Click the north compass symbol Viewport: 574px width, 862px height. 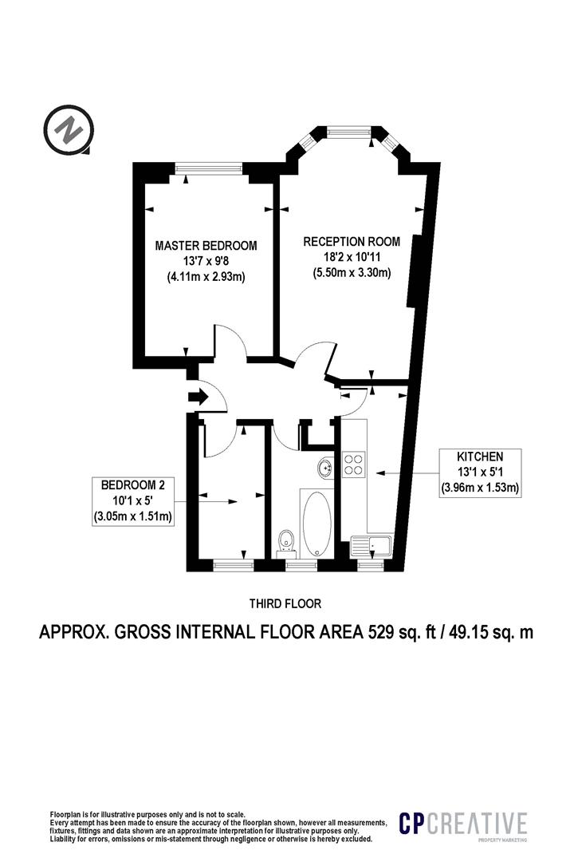click(x=69, y=130)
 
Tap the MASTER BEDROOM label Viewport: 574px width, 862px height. click(x=206, y=246)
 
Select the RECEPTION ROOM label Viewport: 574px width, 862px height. click(x=352, y=241)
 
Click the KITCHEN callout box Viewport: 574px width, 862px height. click(x=480, y=473)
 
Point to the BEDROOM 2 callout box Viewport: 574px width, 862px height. click(x=133, y=500)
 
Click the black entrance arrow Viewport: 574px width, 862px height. click(x=198, y=397)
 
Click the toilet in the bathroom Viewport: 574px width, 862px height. click(x=285, y=541)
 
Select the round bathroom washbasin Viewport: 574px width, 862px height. click(x=325, y=468)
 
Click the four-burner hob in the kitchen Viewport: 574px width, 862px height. click(x=354, y=463)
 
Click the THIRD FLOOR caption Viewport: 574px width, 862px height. click(x=285, y=603)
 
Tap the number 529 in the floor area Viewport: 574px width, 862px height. click(x=380, y=632)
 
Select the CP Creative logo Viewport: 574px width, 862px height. click(x=463, y=825)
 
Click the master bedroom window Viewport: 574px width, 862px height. click(x=209, y=168)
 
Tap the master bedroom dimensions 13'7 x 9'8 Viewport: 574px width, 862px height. click(x=206, y=262)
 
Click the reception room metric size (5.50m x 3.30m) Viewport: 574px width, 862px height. click(x=352, y=272)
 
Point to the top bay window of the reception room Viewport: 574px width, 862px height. click(x=348, y=132)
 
